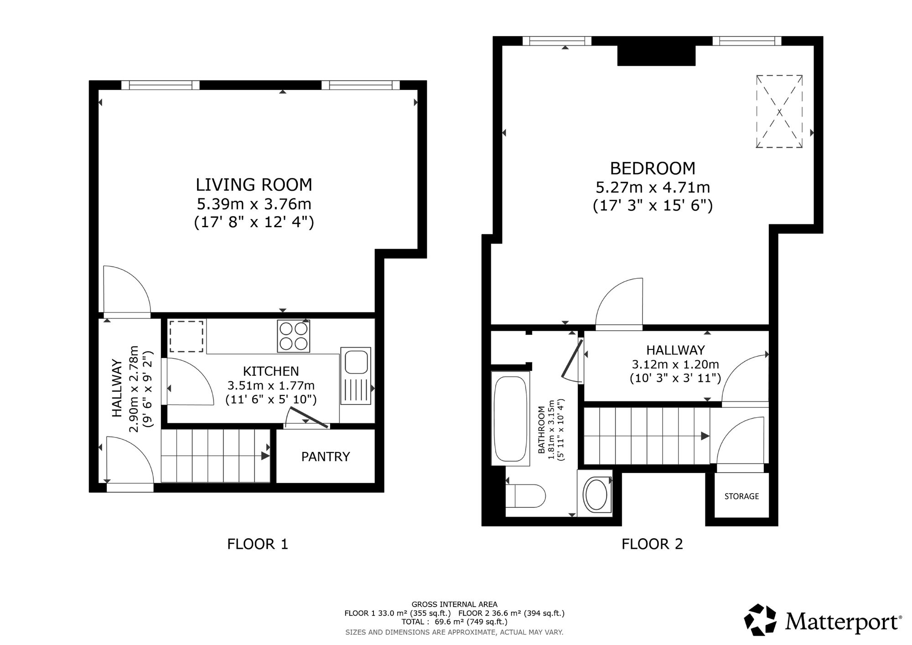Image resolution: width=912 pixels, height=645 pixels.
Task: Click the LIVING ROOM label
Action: [x=254, y=185]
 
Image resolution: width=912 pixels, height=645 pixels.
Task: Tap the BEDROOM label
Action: [x=653, y=168]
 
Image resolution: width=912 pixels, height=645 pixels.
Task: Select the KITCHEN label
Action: [x=271, y=371]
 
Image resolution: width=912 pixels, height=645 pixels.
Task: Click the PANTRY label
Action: [x=326, y=457]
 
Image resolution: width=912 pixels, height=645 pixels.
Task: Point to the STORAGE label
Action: [x=741, y=496]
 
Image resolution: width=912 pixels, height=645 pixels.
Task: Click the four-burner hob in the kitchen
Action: [x=294, y=336]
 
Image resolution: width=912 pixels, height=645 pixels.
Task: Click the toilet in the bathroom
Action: [x=526, y=496]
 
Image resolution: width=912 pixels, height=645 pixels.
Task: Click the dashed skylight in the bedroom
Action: [x=779, y=111]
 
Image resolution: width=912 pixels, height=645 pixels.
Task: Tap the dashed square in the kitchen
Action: [x=187, y=336]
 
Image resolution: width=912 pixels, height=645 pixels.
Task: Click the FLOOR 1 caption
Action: [x=258, y=544]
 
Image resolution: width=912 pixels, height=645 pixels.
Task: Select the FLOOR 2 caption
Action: [x=652, y=544]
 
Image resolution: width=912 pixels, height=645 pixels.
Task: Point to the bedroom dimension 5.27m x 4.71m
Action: [x=653, y=187]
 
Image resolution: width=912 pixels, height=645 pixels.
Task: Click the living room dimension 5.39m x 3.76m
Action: [x=254, y=203]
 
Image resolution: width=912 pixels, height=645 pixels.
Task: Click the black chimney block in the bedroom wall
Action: [x=657, y=55]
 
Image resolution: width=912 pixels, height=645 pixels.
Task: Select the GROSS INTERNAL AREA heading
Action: [x=455, y=604]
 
